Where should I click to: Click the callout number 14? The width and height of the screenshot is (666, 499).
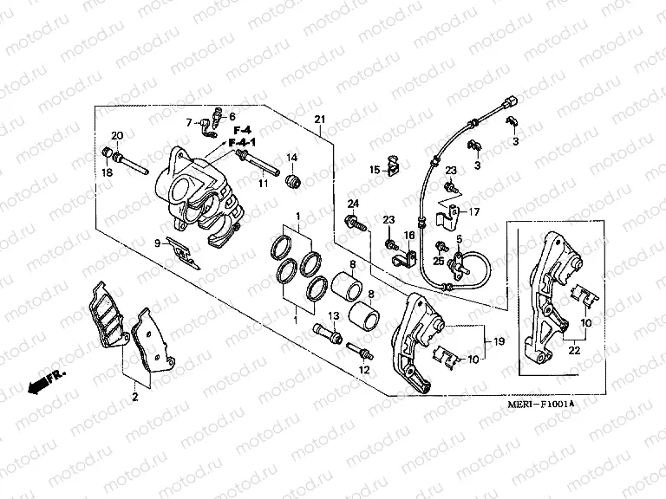tap(292, 157)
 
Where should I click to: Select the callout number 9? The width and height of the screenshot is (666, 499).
tap(158, 243)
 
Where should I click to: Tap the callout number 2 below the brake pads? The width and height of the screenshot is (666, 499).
tap(134, 398)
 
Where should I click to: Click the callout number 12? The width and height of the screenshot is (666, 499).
tap(364, 370)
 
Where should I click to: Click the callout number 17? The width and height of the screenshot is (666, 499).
tap(474, 211)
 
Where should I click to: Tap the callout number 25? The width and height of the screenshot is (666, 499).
tap(439, 261)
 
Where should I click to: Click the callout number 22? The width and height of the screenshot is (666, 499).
tap(573, 350)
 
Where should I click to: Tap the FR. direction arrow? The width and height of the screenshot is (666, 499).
tap(45, 380)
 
